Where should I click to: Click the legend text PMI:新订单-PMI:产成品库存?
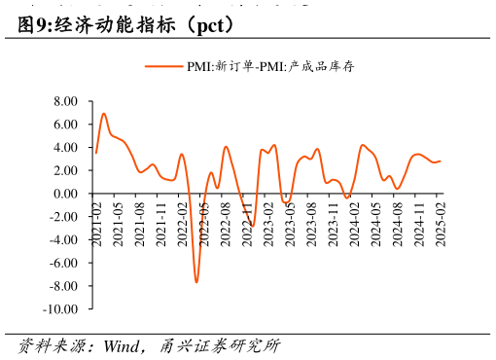pyautogui.click(x=277, y=66)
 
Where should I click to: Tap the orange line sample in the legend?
pyautogui.click(x=164, y=66)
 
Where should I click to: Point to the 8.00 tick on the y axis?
pyautogui.click(x=65, y=101)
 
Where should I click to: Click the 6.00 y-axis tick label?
pyautogui.click(x=65, y=125)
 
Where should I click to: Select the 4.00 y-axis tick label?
pyautogui.click(x=65, y=148)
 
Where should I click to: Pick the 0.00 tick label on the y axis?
pyautogui.click(x=65, y=194)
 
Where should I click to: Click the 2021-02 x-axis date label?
pyautogui.click(x=97, y=222)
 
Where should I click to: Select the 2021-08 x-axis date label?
pyautogui.click(x=140, y=222)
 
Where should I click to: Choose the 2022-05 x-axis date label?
pyautogui.click(x=204, y=222)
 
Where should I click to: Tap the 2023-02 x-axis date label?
pyautogui.click(x=268, y=222)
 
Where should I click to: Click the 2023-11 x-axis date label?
pyautogui.click(x=333, y=222)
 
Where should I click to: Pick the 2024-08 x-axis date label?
pyautogui.click(x=397, y=222)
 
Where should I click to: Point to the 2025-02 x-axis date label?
pyautogui.click(x=441, y=222)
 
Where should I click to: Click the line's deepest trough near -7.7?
pyautogui.click(x=196, y=282)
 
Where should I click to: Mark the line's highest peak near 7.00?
pyautogui.click(x=104, y=114)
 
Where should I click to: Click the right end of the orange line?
pyautogui.click(x=440, y=162)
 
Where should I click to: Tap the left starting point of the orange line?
pyautogui.click(x=96, y=153)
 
